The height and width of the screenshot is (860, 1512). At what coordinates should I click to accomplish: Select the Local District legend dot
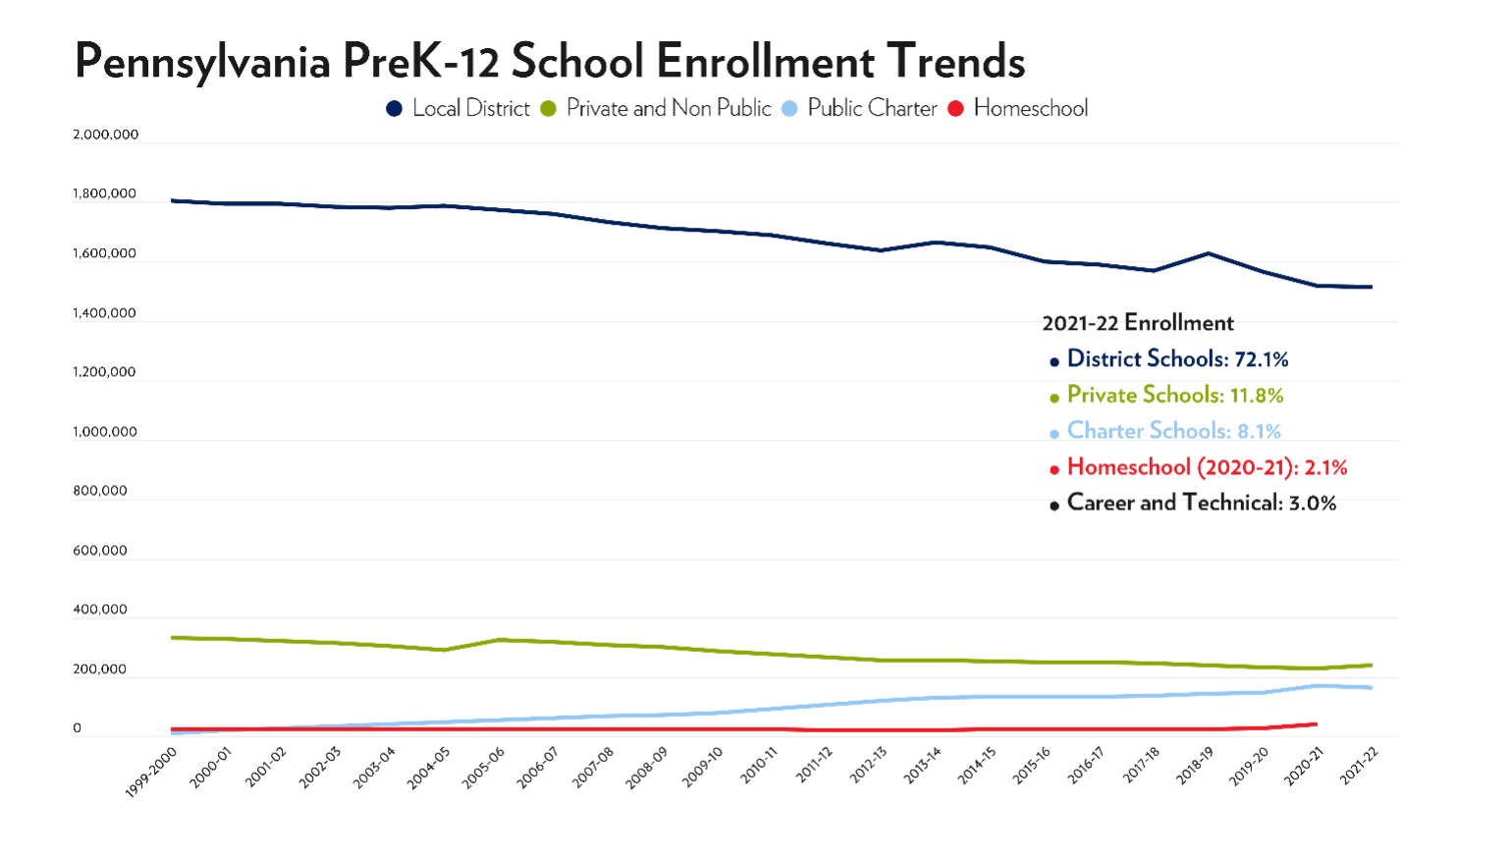point(395,109)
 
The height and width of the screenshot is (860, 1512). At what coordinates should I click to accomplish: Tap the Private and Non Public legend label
point(668,109)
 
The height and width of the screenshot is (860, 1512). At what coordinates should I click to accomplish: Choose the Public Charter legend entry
point(872,109)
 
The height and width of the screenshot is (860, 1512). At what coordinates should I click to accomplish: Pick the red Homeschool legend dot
point(956,109)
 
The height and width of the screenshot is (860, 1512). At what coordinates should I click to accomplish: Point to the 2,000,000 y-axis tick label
point(105,134)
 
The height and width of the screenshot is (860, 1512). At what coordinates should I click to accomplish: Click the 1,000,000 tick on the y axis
point(105,432)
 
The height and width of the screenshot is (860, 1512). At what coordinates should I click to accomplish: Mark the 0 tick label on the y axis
point(77,728)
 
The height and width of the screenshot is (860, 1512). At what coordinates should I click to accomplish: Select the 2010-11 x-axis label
point(759,766)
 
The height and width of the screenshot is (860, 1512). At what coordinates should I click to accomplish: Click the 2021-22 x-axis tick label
point(1360,766)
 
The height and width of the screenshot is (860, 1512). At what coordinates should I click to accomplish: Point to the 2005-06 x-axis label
point(484,766)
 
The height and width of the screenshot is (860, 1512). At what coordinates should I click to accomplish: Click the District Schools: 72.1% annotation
point(1176,359)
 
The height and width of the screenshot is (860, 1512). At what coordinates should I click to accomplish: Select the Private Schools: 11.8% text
point(1174,396)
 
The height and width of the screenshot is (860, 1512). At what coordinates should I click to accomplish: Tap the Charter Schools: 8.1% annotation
point(1173,431)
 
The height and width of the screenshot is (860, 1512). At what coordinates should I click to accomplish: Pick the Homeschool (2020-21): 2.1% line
point(1206,467)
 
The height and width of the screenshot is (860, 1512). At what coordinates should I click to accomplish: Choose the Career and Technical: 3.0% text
point(1201,504)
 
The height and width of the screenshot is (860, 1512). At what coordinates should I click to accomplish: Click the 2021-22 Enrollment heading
point(1137,323)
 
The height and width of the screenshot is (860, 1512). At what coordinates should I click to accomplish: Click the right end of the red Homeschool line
point(1316,725)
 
